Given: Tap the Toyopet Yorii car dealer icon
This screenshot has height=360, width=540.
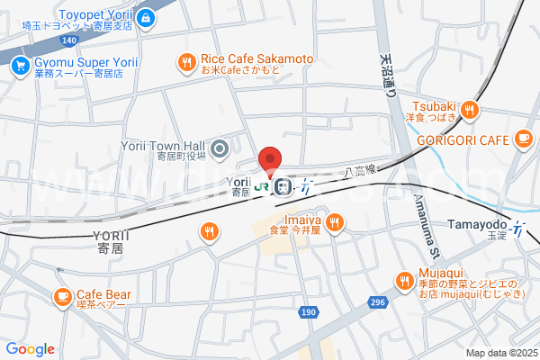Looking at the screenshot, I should [x=147, y=16].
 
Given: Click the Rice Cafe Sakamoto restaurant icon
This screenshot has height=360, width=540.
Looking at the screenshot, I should [x=186, y=62].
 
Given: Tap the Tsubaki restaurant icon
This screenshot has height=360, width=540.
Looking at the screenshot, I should [x=469, y=110].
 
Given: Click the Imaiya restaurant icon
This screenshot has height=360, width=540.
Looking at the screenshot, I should [x=334, y=221].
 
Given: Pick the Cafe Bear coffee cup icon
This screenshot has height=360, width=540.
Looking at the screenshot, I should [x=62, y=295].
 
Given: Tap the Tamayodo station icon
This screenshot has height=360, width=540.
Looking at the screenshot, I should [x=517, y=229].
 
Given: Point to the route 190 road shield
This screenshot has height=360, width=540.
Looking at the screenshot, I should [x=309, y=311].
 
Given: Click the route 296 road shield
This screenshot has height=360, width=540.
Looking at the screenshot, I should [x=378, y=302].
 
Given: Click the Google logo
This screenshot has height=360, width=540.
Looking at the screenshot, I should [x=31, y=349].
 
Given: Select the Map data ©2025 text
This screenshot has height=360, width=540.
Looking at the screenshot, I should [x=500, y=353].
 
